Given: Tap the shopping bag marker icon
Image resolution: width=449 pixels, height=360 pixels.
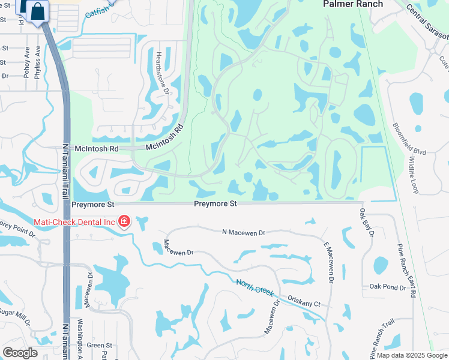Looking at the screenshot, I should pos(38,11).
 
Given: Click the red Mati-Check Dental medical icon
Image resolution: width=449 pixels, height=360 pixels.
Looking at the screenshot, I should pos(124,222).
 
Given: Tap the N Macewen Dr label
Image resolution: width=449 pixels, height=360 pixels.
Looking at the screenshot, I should pos(243,232).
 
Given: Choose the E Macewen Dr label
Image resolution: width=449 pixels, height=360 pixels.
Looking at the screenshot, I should pos(329,262).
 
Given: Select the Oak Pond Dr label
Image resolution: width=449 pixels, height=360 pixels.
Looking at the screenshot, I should pos(388,287).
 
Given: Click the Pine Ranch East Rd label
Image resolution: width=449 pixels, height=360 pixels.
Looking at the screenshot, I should pos(406,271).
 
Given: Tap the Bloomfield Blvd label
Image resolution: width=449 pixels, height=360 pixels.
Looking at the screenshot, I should pos(409,140).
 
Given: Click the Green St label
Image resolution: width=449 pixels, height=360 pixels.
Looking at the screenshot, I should pos(100,345).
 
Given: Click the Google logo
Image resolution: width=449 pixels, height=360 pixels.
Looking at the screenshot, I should pos(20,353).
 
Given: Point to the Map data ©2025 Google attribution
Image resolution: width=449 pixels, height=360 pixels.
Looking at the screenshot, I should pos(411,355).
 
